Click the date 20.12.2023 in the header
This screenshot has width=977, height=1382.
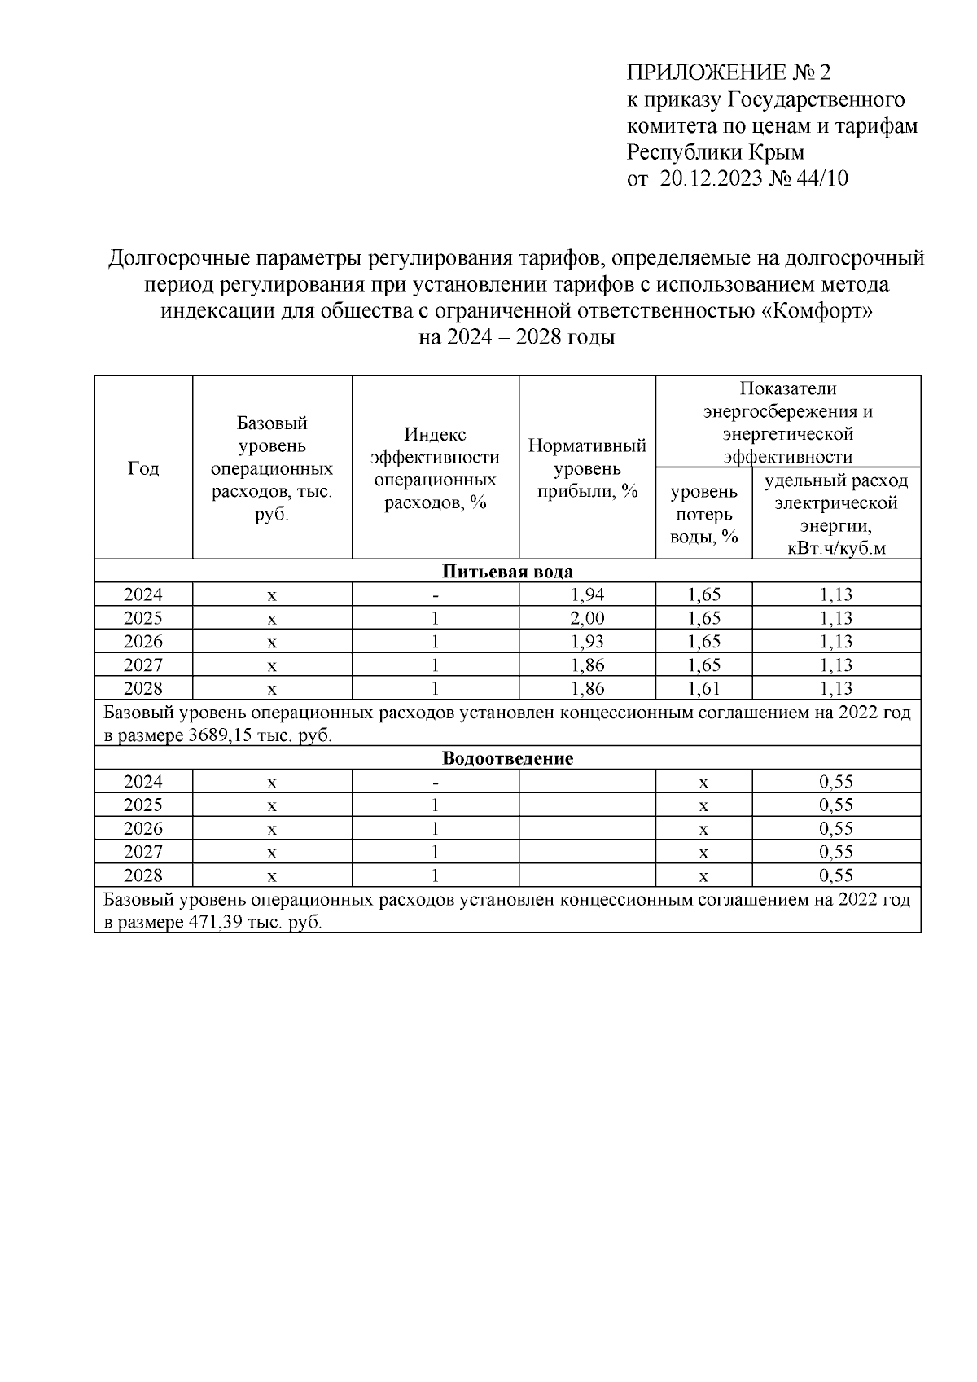pos(709,178)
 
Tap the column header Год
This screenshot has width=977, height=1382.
pos(143,468)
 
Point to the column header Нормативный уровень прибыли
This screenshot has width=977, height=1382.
pos(587,468)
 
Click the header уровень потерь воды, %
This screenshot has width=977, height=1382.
pos(703,514)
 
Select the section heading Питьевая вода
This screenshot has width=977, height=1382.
pos(507,572)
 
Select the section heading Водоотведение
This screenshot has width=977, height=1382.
pos(507,759)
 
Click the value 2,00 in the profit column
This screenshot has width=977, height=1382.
pos(588,618)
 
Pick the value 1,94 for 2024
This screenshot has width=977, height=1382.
pos(588,594)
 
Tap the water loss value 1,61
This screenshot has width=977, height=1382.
pos(703,689)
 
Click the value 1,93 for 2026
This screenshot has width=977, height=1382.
pos(588,642)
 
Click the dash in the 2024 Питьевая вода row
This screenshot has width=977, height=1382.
pos(436,595)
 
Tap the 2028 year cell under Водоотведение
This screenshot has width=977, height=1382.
pos(143,876)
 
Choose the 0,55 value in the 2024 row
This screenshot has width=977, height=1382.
pos(835,783)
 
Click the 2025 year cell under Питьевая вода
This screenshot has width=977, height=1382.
pos(143,618)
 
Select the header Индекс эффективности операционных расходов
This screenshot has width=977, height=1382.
pos(436,468)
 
